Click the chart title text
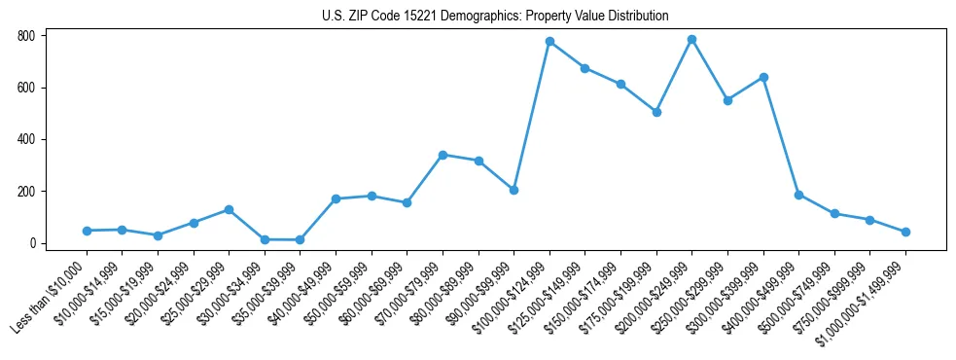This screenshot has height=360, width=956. (495, 17)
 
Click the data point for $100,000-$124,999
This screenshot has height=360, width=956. (549, 42)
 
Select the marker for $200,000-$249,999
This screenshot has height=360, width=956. (691, 40)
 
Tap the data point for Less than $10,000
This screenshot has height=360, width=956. (87, 231)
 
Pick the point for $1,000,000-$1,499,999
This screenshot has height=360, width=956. (905, 232)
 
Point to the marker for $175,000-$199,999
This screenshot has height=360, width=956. (656, 112)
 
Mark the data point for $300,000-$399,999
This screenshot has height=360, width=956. (763, 77)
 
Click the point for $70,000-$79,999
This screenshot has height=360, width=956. (443, 155)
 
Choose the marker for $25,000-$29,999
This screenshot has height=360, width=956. (229, 209)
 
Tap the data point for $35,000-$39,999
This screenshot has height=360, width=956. (300, 239)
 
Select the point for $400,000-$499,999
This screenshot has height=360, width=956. (798, 195)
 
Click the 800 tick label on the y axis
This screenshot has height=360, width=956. (26, 36)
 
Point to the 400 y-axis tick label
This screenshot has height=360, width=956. (26, 139)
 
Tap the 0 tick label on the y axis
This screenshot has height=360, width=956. (33, 243)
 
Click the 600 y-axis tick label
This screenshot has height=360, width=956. (26, 88)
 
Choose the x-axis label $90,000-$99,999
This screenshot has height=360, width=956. (476, 296)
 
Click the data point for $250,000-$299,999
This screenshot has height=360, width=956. (727, 100)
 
